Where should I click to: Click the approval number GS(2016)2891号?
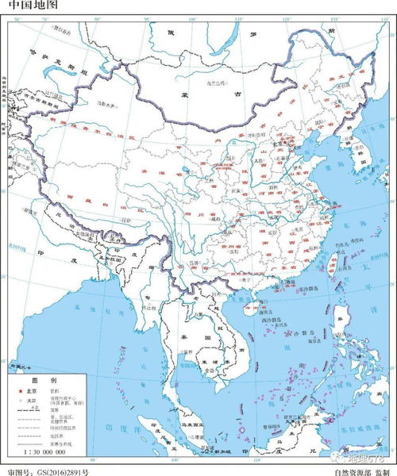(59, 470)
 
